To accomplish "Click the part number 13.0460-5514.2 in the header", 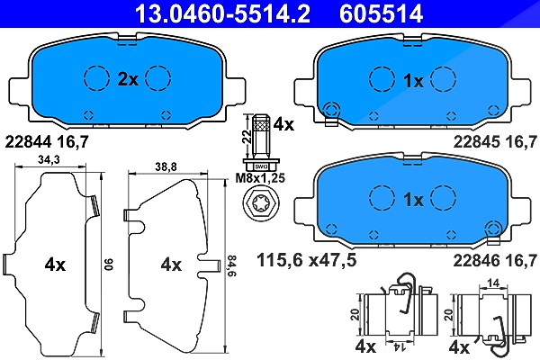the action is click(223, 13).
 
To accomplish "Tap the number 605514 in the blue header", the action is click(381, 13).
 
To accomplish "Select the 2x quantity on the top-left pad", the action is click(128, 79).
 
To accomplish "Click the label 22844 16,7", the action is click(47, 141).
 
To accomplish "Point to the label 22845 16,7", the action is click(495, 141).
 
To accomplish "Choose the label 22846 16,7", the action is click(495, 260).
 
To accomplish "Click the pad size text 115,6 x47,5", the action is click(307, 260).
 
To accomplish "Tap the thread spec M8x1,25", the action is click(260, 178).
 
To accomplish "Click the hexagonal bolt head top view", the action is click(261, 206).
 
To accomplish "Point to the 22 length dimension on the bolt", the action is click(247, 138).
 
